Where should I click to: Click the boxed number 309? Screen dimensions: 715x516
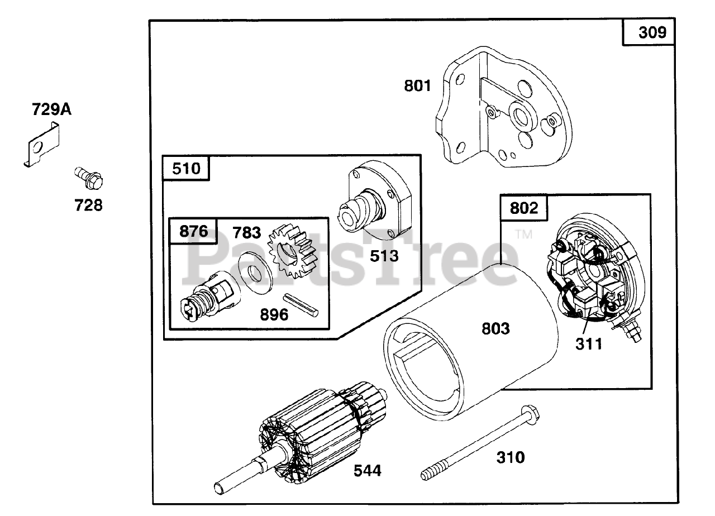[x=649, y=32]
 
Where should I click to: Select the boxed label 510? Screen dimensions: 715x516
[x=186, y=168]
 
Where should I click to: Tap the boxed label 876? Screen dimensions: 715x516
[x=194, y=231]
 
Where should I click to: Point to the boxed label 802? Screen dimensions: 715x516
[x=524, y=208]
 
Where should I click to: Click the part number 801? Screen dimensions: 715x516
[x=418, y=86]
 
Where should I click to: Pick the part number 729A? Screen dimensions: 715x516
[x=51, y=109]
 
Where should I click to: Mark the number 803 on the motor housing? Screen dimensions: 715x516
[x=495, y=329]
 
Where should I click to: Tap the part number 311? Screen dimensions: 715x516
[x=589, y=344]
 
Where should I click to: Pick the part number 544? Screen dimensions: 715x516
[x=367, y=471]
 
